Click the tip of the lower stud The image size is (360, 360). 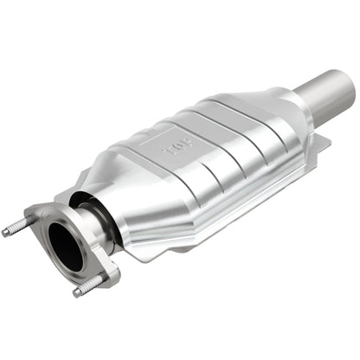pyautogui.click(x=76, y=292)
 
